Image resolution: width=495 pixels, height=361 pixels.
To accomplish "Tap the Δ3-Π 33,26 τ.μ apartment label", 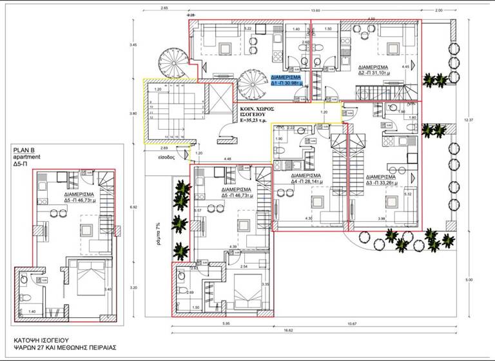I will [381, 179].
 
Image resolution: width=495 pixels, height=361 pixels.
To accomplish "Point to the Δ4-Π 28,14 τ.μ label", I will [306, 179].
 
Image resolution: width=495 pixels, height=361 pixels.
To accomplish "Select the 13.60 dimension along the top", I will [315, 10].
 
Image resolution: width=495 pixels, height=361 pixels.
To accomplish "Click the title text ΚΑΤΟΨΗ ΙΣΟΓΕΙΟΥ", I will [44, 338].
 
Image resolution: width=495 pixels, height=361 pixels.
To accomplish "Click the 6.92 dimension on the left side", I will [133, 207].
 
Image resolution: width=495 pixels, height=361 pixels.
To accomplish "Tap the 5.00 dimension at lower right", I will [469, 279].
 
